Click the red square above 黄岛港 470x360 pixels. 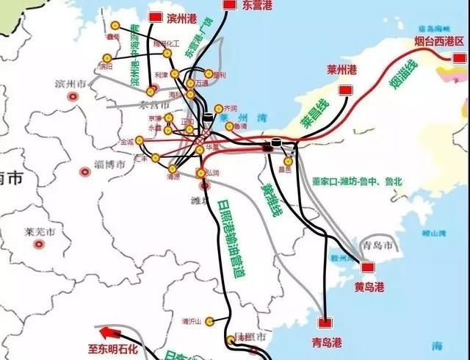click(368, 267)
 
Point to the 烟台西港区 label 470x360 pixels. click(441, 41)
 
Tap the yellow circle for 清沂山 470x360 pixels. click(210, 321)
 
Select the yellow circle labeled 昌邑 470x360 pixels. click(288, 161)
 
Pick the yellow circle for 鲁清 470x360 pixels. click(230, 126)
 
